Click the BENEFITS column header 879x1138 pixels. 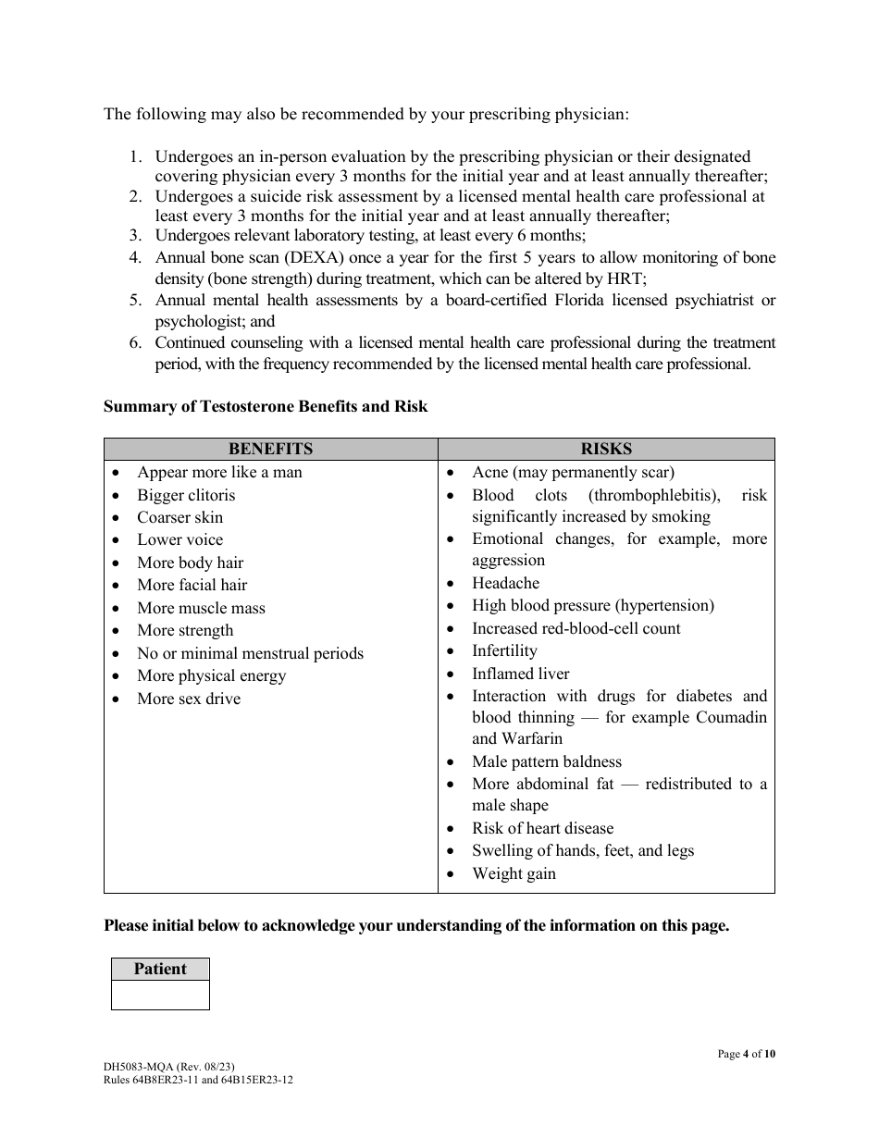coord(270,449)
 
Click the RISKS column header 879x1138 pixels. coord(606,449)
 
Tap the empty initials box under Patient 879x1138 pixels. coord(160,995)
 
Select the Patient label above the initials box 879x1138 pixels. coord(160,969)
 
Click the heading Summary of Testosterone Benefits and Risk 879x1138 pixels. coord(266,406)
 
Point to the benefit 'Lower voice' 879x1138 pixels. coord(180,540)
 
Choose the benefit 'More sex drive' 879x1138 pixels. coord(189,699)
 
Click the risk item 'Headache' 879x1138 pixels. coord(505,584)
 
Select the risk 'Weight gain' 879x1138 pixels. coord(514,874)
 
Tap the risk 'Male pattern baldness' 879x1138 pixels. coord(547,762)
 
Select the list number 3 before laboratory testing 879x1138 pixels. coord(135,236)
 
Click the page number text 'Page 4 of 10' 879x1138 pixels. coord(746,1054)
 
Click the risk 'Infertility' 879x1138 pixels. coord(504,651)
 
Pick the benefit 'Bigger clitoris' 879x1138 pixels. coord(186,496)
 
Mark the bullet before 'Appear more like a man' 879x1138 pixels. coord(116,473)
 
